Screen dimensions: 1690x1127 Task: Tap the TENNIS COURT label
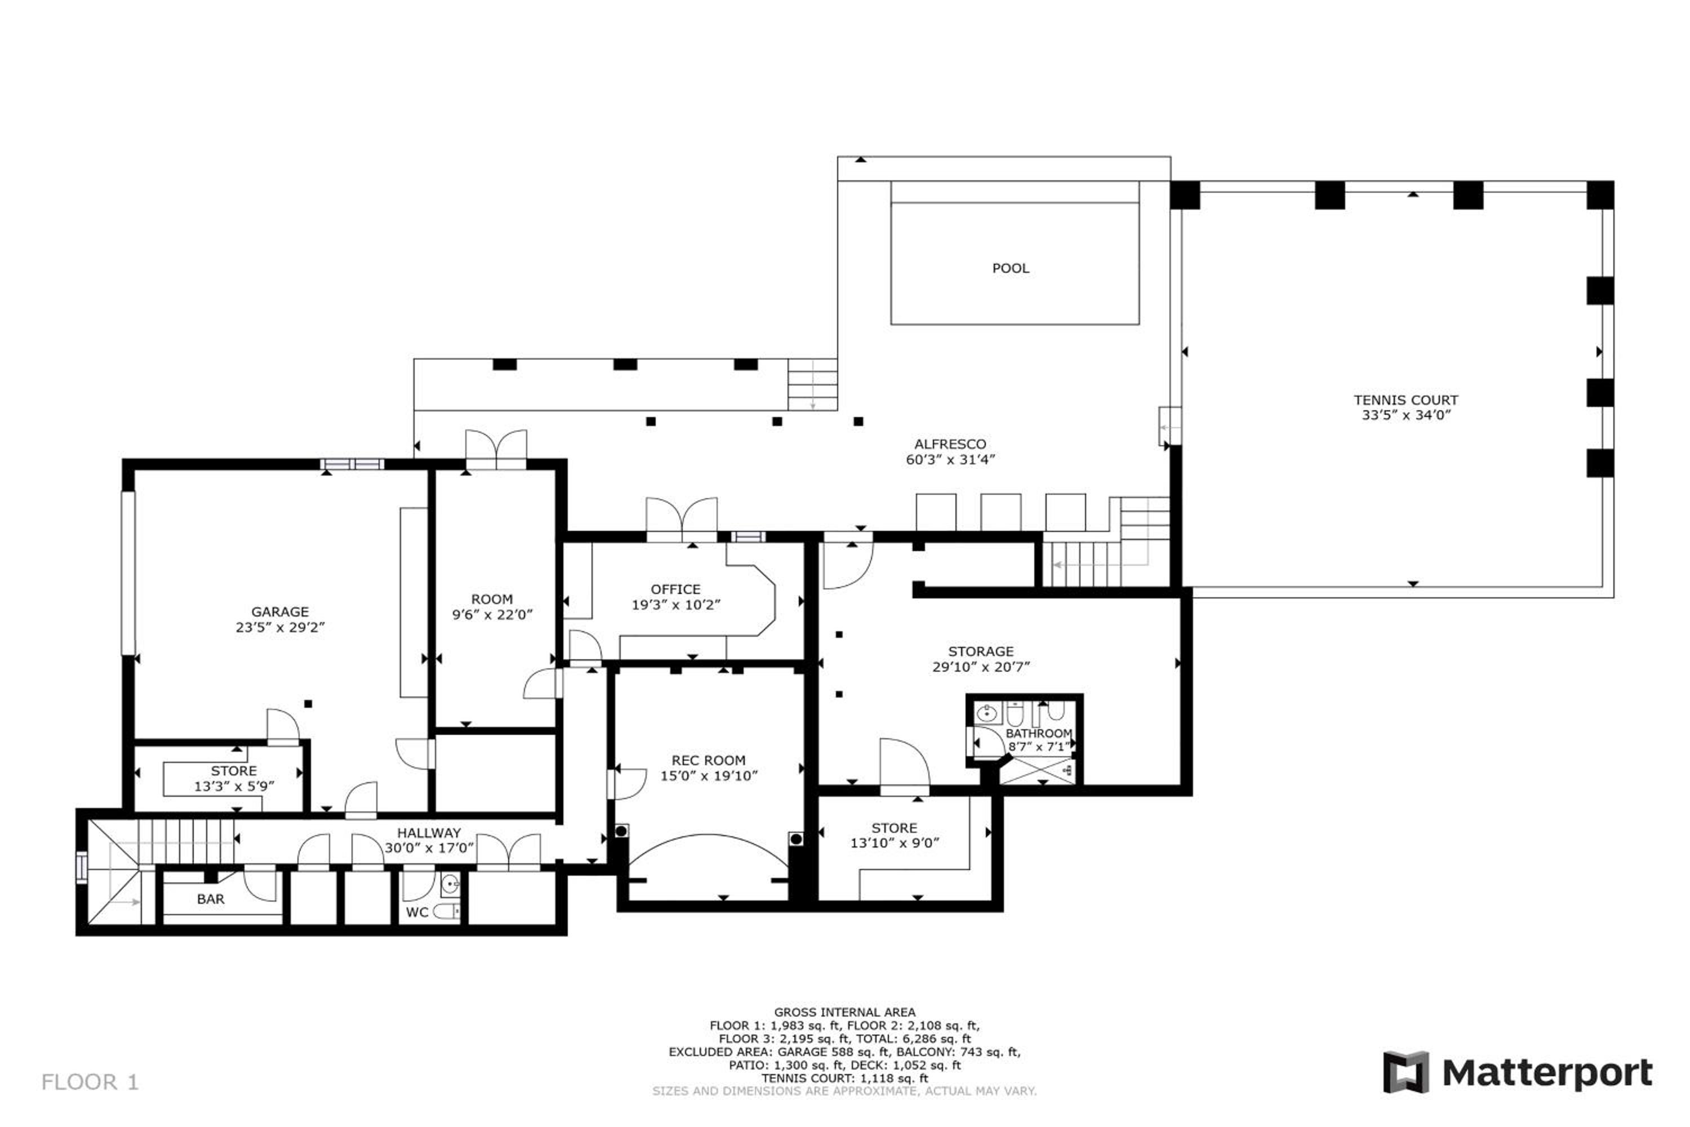click(x=1406, y=400)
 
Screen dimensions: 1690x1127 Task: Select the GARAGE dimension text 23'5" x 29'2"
click(x=279, y=627)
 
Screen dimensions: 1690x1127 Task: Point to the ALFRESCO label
click(x=950, y=444)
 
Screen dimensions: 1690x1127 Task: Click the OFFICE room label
click(x=675, y=589)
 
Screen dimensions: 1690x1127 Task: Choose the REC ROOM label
click(x=709, y=760)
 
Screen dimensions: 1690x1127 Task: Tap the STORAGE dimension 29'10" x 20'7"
click(x=981, y=666)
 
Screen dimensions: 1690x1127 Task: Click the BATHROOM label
click(x=1038, y=733)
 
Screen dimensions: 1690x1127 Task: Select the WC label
click(x=417, y=912)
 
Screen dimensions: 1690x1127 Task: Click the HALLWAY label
click(x=428, y=832)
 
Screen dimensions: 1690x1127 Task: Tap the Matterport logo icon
click(x=1406, y=1072)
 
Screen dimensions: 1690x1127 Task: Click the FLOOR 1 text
click(x=90, y=1082)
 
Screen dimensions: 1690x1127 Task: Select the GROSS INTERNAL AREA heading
click(x=844, y=1012)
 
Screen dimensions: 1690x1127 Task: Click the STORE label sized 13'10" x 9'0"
click(x=894, y=828)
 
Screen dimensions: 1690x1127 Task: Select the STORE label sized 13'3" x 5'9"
click(x=234, y=770)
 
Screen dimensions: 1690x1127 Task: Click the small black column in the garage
click(x=308, y=704)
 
